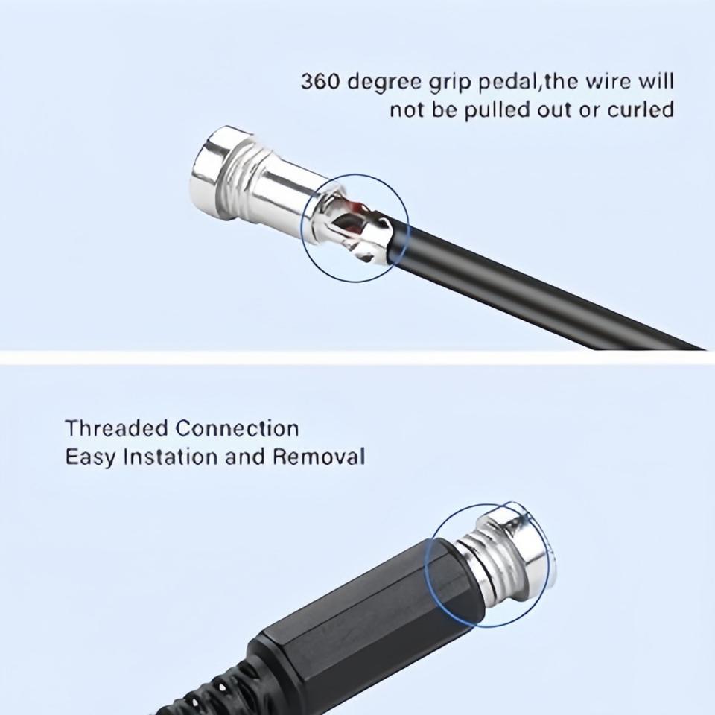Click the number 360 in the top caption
pos(320,82)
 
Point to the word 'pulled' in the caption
pos(497,111)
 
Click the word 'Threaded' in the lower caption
pos(117,428)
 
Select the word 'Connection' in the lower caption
pos(237,428)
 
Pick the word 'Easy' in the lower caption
pos(90,457)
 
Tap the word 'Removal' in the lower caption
pos(319,457)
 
